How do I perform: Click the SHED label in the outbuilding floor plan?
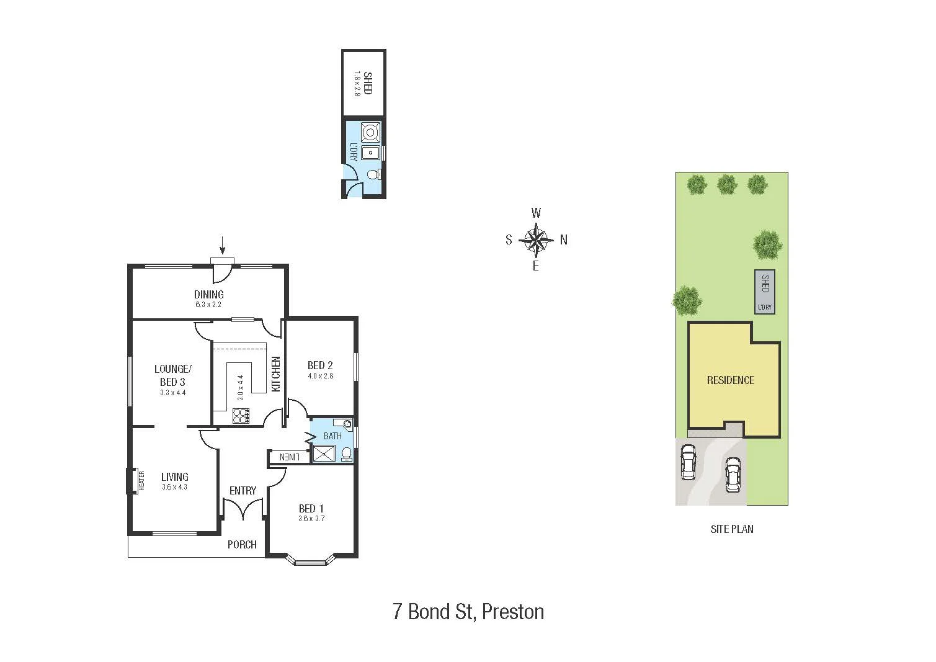pos(368,83)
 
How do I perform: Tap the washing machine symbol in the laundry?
pos(370,132)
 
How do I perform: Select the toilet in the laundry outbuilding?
pos(373,176)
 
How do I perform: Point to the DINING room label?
pos(208,295)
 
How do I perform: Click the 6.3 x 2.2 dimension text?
pos(208,305)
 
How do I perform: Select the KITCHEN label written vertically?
pos(277,373)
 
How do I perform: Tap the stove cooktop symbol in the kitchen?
pos(241,416)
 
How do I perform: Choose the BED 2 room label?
pos(320,365)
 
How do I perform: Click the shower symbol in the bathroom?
pos(323,454)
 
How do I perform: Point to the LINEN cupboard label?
pos(290,457)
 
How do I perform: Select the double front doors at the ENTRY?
pos(243,510)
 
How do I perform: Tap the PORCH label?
pos(242,545)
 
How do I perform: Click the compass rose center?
pos(536,239)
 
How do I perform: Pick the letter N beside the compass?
pos(564,240)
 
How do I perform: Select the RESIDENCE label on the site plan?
pos(731,380)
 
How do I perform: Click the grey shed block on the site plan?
pos(765,292)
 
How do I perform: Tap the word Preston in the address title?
pos(513,612)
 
